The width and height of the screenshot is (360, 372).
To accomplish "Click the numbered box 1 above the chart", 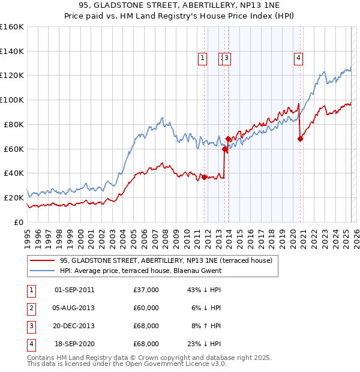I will tap(203, 58).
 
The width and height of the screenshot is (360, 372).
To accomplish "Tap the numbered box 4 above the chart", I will tap(298, 58).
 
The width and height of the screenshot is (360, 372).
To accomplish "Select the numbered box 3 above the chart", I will tap(228, 58).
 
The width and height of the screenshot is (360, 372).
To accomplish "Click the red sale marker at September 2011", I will tap(204, 176).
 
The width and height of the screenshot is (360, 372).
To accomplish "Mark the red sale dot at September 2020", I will tap(300, 139).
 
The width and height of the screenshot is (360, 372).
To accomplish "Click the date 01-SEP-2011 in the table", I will tap(74, 290).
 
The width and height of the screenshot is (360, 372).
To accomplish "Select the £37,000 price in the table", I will tap(146, 290).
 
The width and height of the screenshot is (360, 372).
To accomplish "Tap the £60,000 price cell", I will tap(146, 308).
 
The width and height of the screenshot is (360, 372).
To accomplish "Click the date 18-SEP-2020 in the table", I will tap(74, 344).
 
